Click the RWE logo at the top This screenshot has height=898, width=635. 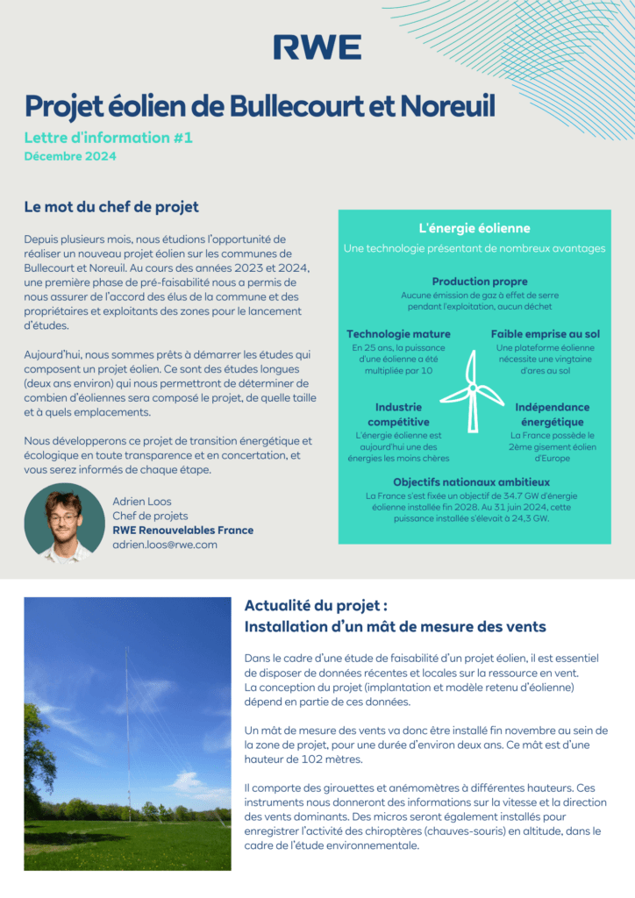pyautogui.click(x=317, y=47)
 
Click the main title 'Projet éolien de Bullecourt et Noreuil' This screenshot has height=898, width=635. pyautogui.click(x=260, y=106)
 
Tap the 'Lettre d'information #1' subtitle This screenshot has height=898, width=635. pyautogui.click(x=108, y=138)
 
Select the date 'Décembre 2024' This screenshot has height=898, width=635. pyautogui.click(x=69, y=157)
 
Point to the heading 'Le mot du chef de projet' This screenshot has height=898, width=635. pyautogui.click(x=111, y=207)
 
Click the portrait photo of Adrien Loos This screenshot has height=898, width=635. pyautogui.click(x=64, y=522)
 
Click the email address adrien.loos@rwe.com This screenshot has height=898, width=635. pyautogui.click(x=165, y=545)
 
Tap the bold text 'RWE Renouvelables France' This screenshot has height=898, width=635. pyautogui.click(x=182, y=530)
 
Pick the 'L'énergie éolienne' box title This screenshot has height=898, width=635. pyautogui.click(x=474, y=228)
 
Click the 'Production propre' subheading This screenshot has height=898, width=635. pyautogui.click(x=480, y=282)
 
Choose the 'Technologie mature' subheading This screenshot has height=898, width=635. pyautogui.click(x=398, y=334)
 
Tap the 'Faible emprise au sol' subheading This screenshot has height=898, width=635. pyautogui.click(x=545, y=334)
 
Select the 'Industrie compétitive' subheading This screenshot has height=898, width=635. pyautogui.click(x=398, y=414)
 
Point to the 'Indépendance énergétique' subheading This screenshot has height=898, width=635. pyautogui.click(x=552, y=414)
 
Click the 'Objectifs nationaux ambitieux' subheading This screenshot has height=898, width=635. pyautogui.click(x=471, y=481)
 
